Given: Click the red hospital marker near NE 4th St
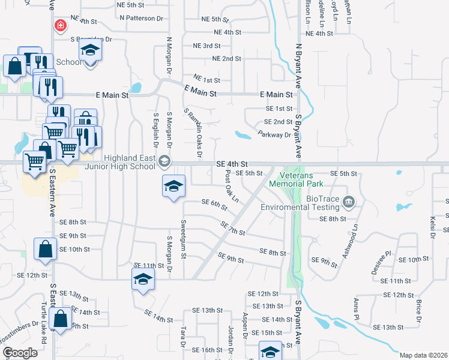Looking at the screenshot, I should tap(60, 25).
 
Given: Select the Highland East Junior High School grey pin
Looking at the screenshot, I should tap(164, 161).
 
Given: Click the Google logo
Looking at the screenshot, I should tap(20, 353).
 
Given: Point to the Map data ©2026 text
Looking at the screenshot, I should tap(423, 355).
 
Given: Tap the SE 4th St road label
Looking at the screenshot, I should tap(232, 164).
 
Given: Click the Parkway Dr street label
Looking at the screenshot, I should tap(274, 135).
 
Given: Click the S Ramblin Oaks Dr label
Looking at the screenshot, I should tap(192, 134).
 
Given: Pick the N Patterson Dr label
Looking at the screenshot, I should tap(141, 18).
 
